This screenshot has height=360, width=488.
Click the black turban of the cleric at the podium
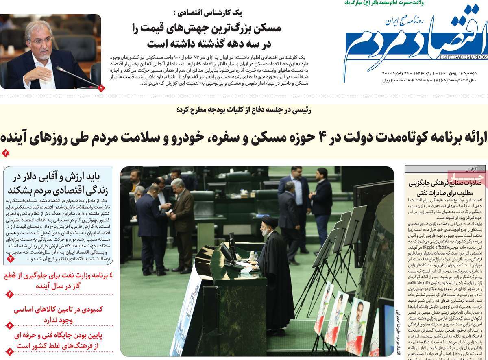(x=269, y=222)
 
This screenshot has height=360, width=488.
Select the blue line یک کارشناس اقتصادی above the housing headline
(x=221, y=13)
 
